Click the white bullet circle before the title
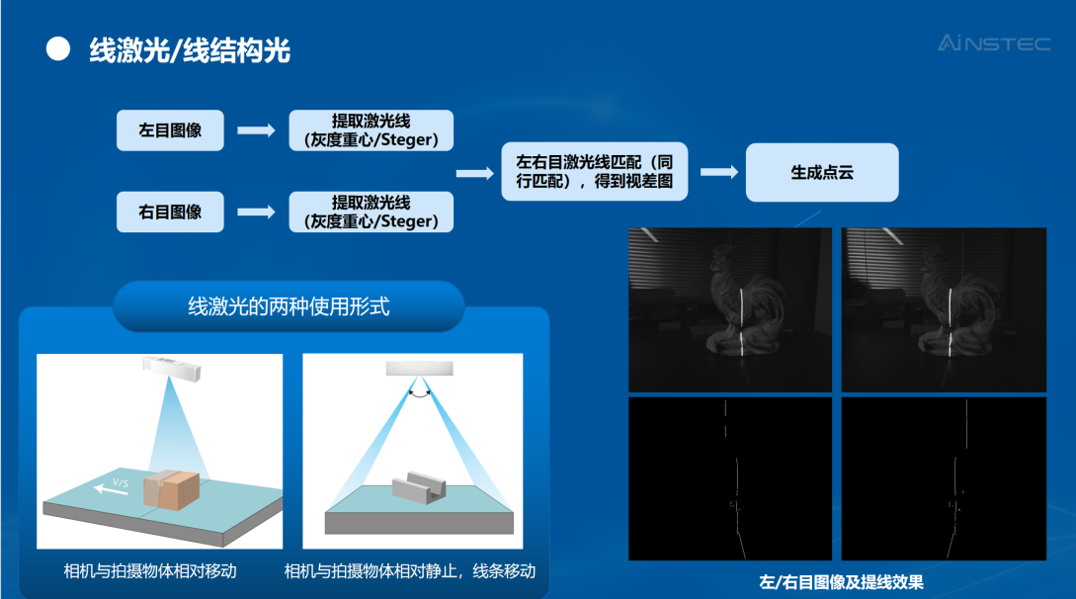[x=58, y=49]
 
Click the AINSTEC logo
[x=994, y=43]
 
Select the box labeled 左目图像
[x=170, y=130]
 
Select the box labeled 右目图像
[x=170, y=212]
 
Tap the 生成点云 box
[x=822, y=172]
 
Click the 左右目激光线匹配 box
[x=594, y=172]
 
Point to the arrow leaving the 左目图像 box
[x=256, y=130]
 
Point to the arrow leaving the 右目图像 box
[x=256, y=212]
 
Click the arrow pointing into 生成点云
[x=719, y=172]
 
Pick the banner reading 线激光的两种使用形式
[x=289, y=306]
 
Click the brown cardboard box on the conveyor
[x=172, y=490]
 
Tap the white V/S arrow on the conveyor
[x=111, y=488]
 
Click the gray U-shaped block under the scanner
[x=419, y=487]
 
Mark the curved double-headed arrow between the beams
[x=419, y=394]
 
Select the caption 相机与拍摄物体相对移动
[x=150, y=571]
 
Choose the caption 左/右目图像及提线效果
[x=841, y=582]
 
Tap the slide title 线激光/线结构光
[x=190, y=50]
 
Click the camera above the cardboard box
[x=172, y=369]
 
